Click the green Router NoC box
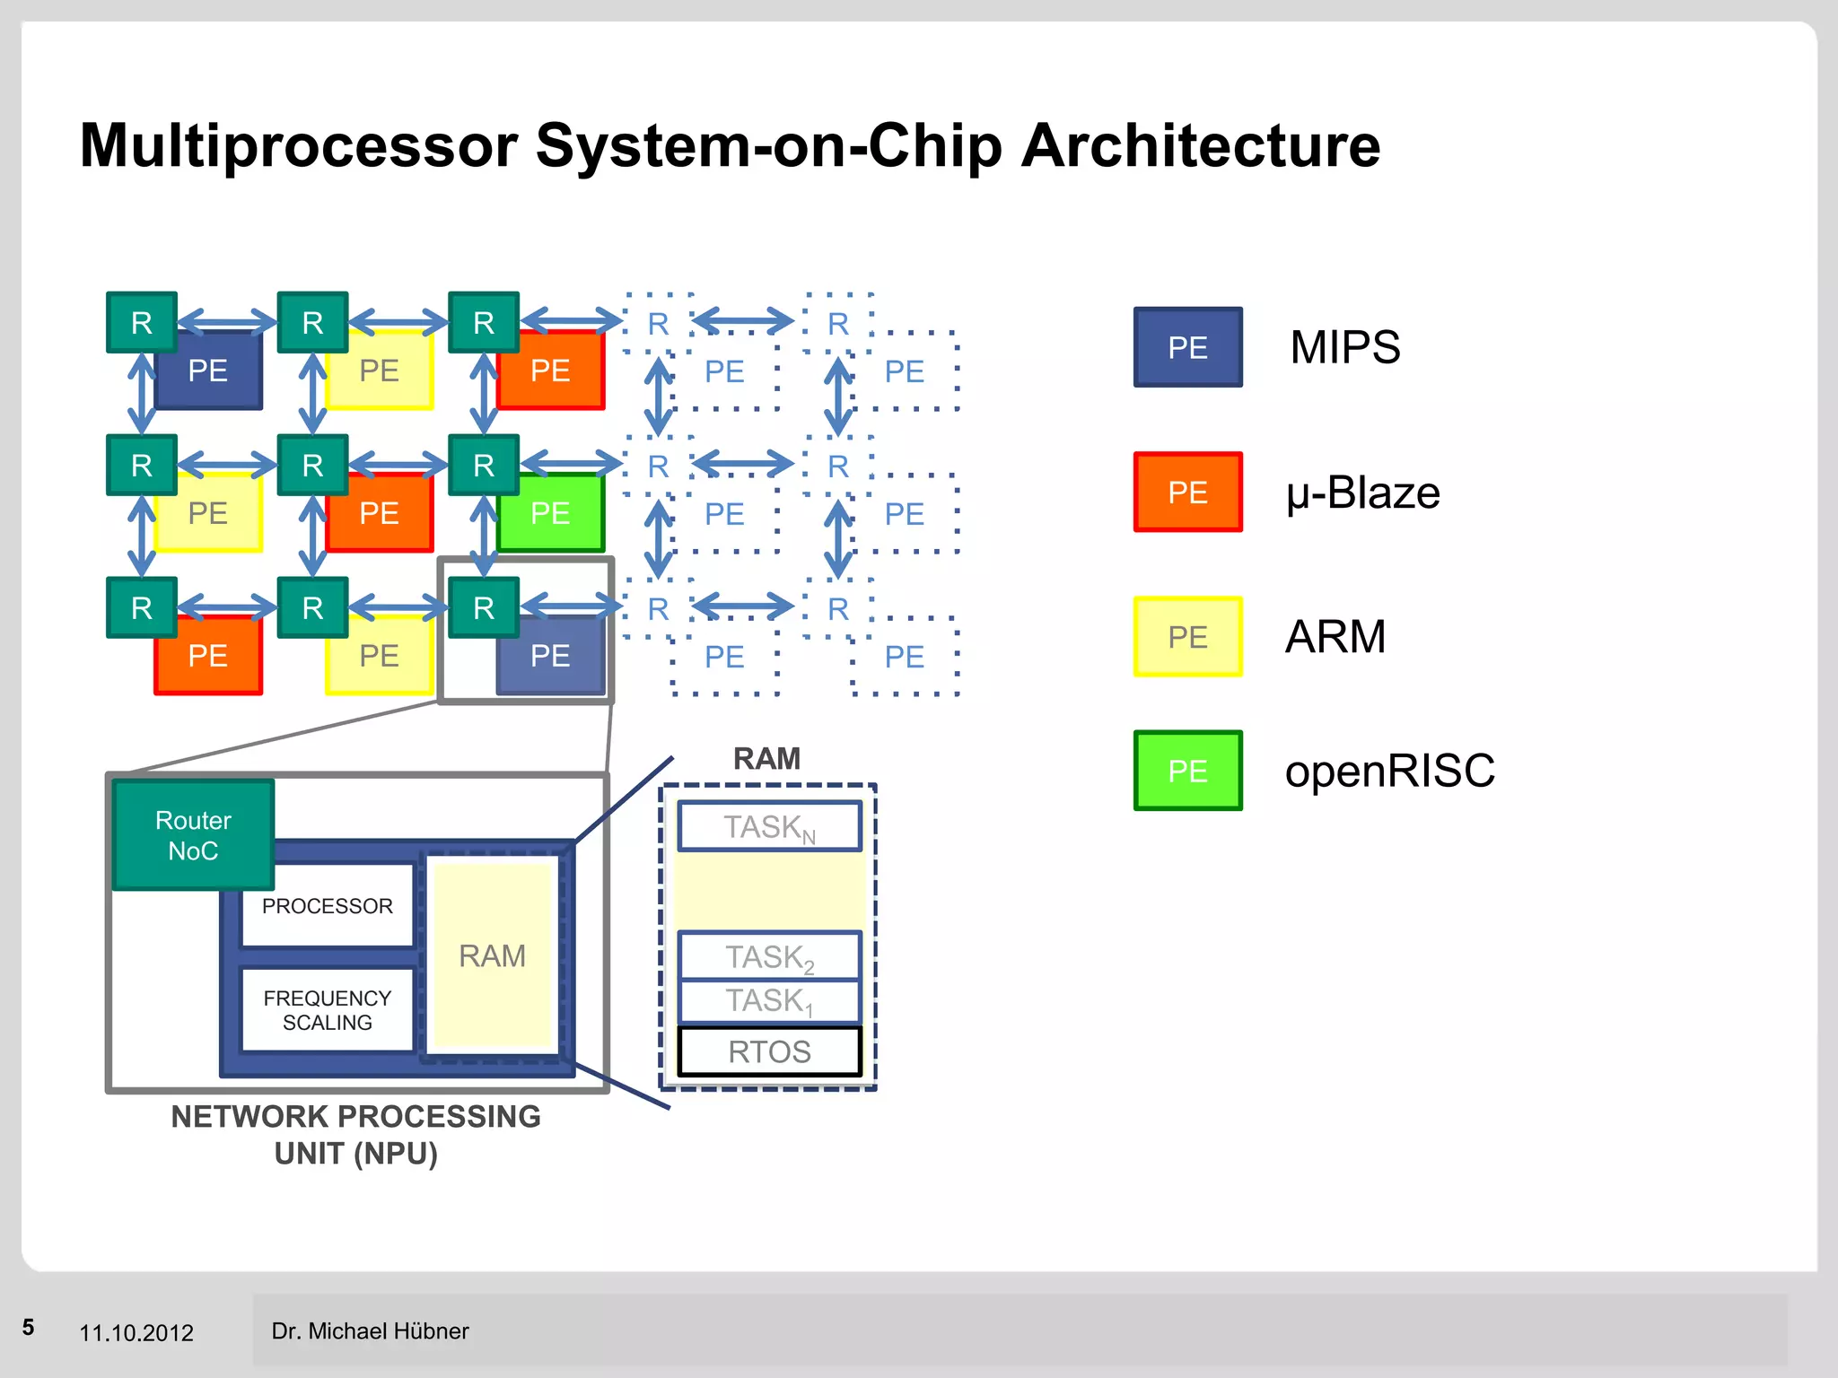pos(193,834)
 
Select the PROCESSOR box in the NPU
pos(327,906)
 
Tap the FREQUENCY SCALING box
pos(327,1010)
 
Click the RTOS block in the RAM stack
pos(769,1051)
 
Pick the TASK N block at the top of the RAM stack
pos(769,826)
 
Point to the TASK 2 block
pos(769,956)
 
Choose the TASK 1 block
pos(769,1000)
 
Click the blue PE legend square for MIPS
pos(1187,347)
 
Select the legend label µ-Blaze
pos(1362,493)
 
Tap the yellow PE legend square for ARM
pos(1187,637)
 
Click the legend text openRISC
pos(1389,771)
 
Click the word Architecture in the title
pos(1200,145)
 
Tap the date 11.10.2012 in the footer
pos(136,1333)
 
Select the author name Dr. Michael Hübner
pos(370,1331)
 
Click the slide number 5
pos(29,1328)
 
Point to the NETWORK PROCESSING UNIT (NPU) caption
pos(355,1135)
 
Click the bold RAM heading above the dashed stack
pos(766,759)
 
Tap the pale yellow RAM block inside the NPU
pos(492,956)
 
